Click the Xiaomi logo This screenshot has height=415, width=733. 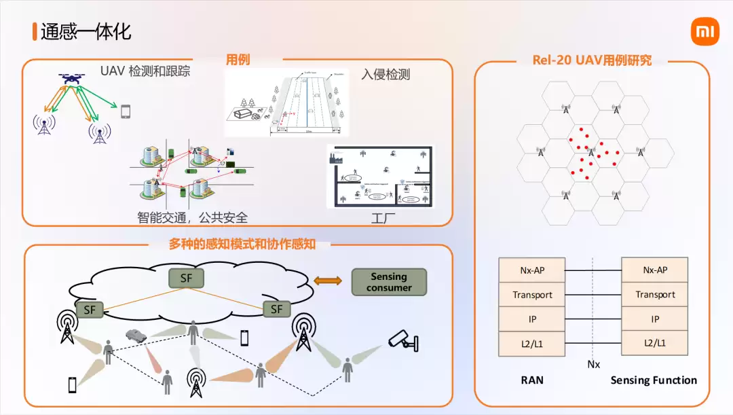click(x=704, y=32)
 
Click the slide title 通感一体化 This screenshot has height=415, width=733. click(x=86, y=32)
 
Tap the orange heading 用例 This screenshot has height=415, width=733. click(x=238, y=60)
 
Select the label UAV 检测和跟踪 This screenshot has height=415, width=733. click(x=145, y=71)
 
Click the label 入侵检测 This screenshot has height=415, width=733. click(x=386, y=75)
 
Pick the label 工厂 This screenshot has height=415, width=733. click(x=383, y=219)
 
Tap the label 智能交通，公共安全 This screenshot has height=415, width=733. click(x=192, y=218)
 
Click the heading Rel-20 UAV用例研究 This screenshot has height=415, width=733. click(x=593, y=60)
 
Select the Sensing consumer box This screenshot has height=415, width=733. click(x=389, y=282)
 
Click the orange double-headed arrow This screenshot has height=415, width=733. click(x=328, y=281)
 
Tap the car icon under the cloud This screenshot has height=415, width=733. click(x=136, y=336)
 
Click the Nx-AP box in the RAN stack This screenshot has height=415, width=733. click(x=532, y=270)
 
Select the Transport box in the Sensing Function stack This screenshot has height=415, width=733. click(x=655, y=295)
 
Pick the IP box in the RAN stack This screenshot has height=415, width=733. click(x=532, y=319)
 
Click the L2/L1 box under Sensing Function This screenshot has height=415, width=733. click(x=655, y=344)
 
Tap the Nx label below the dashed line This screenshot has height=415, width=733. click(x=594, y=365)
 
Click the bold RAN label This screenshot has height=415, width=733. click(x=532, y=380)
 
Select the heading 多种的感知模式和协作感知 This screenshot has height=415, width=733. click(x=242, y=245)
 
